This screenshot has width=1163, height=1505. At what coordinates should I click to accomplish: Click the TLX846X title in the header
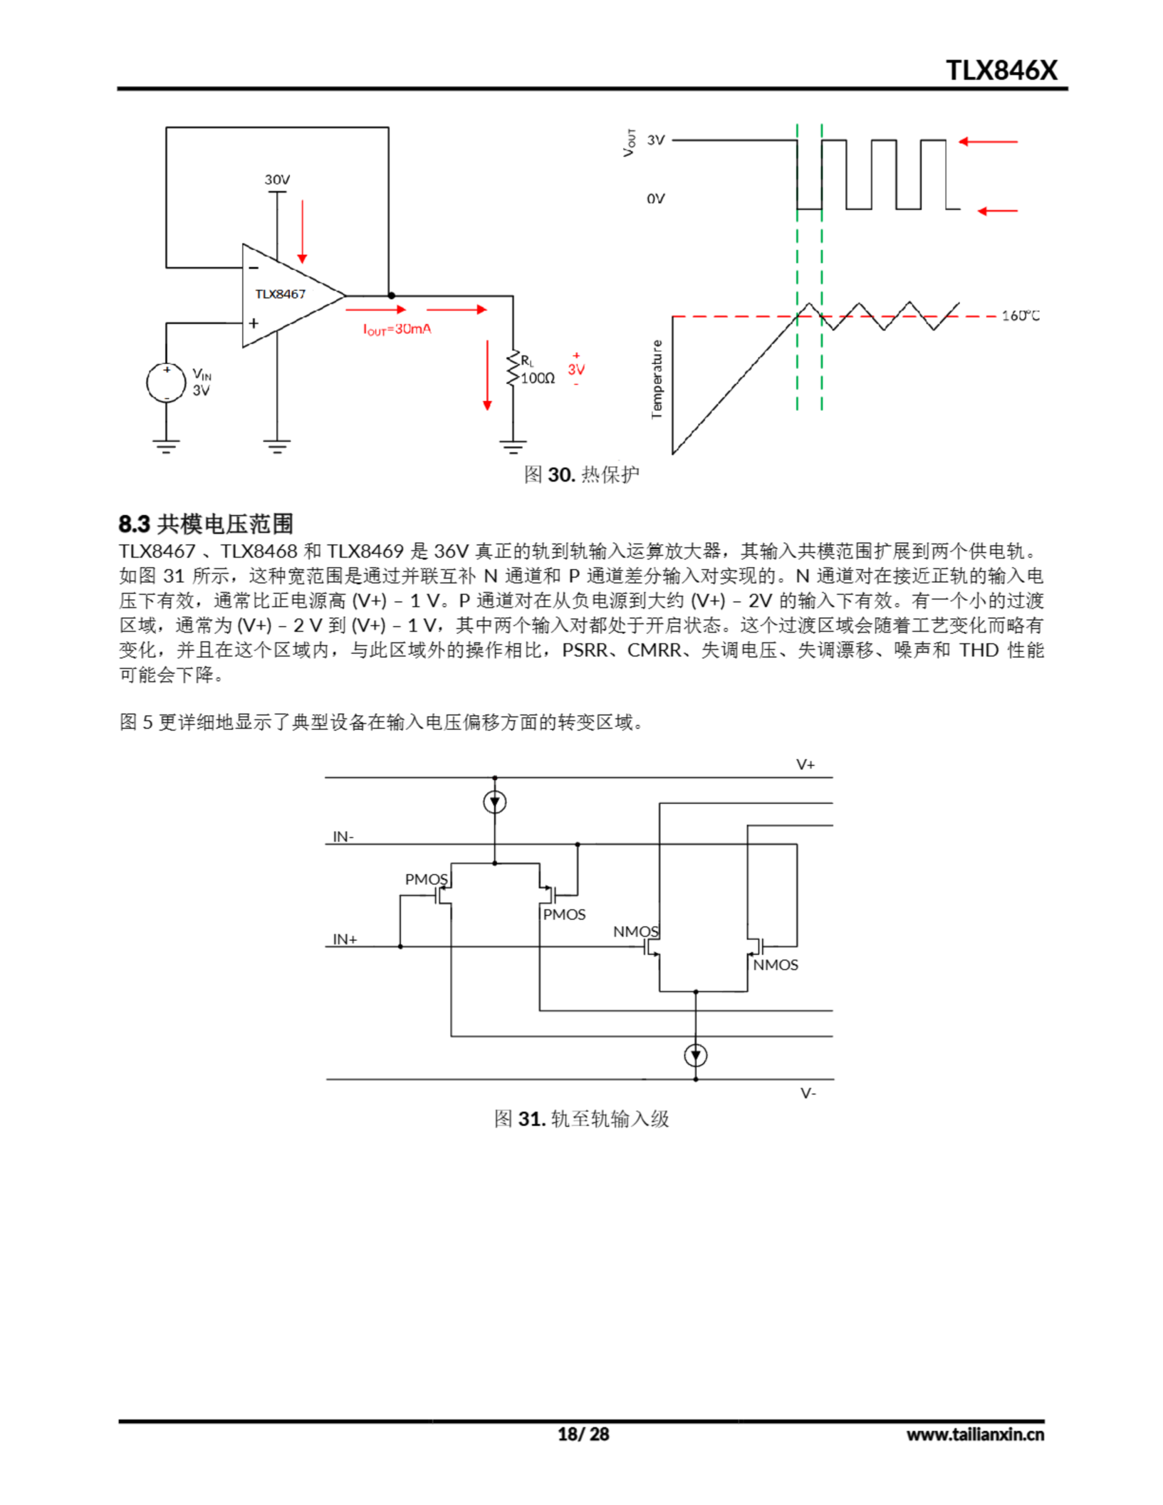1000,71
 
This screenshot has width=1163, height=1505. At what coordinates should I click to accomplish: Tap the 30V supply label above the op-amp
277,180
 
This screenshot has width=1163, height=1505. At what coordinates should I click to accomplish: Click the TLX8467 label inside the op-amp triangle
280,295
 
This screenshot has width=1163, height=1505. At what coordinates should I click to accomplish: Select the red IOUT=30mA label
397,329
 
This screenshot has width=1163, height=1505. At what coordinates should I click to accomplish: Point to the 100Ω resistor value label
538,379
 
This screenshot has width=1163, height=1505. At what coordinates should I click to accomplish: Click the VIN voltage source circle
166,383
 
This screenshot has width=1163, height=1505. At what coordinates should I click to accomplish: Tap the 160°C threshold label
1020,316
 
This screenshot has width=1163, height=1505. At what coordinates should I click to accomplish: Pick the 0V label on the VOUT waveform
656,199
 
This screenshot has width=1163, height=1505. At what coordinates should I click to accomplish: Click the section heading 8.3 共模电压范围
205,524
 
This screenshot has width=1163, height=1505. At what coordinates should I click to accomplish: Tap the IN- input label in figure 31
343,837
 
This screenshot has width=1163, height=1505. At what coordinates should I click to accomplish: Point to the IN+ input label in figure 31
345,939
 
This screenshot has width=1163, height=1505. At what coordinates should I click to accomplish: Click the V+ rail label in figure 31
805,764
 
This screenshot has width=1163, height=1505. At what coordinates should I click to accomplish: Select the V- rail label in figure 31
808,1093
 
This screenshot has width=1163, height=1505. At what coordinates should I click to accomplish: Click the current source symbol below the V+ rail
494,802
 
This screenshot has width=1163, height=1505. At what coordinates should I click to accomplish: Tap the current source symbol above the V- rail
696,1055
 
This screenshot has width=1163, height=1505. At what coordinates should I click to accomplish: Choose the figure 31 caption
581,1118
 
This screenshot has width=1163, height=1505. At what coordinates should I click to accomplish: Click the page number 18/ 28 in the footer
583,1434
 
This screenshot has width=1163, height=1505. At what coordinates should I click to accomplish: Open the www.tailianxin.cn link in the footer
975,1434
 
